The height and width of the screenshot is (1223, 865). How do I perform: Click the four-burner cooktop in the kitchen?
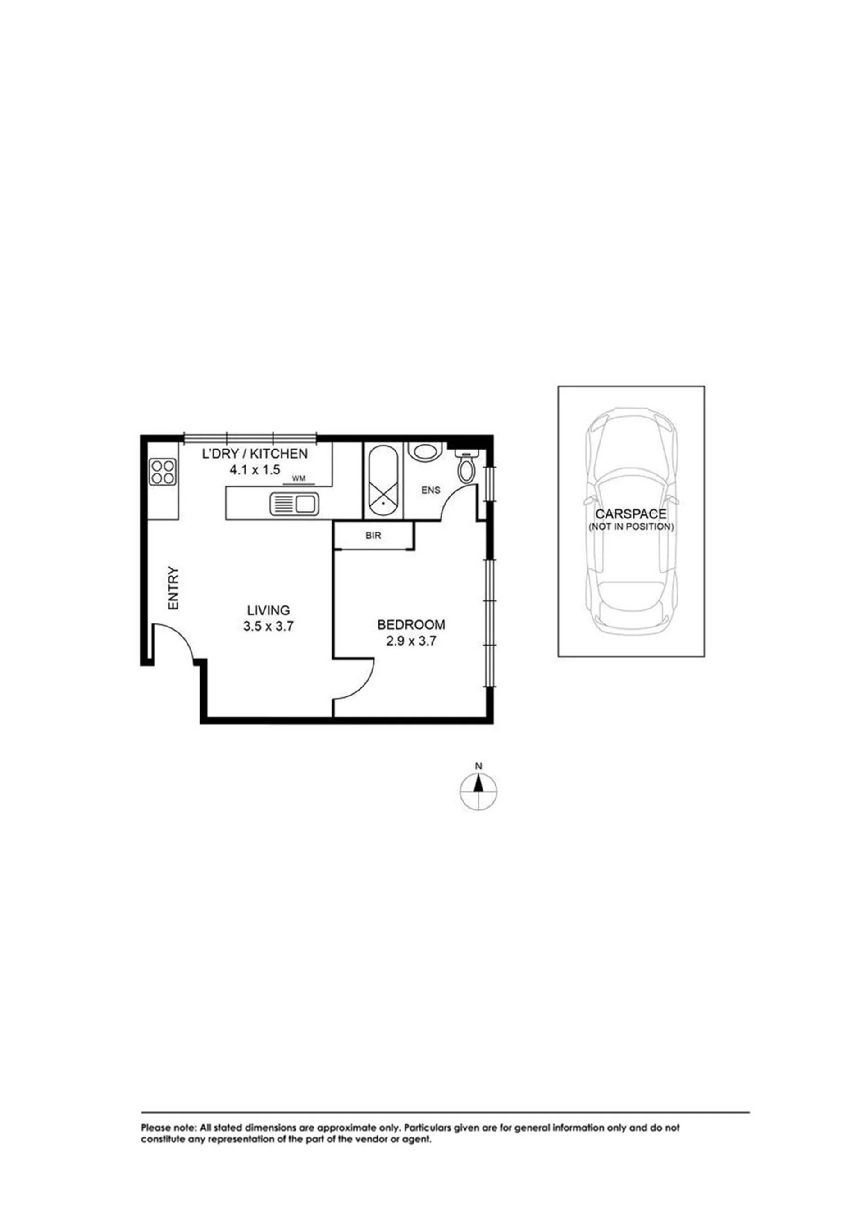163,472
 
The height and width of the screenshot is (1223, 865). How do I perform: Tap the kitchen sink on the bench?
294,504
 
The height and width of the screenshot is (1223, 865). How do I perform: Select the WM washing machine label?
299,478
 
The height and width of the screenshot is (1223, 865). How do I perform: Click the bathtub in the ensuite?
383,479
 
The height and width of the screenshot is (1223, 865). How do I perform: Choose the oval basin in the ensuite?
425,451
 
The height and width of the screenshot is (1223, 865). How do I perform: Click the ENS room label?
431,490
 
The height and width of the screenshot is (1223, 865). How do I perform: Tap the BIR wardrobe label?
373,536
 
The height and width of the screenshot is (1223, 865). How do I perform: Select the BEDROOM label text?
411,624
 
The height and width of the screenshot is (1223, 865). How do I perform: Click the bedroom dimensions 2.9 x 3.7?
411,641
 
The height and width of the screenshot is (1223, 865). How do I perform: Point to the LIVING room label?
269,610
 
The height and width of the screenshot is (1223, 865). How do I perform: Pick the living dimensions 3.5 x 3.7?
269,627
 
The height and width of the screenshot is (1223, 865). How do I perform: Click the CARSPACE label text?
631,514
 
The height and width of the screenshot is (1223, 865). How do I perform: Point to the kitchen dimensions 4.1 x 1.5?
255,470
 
